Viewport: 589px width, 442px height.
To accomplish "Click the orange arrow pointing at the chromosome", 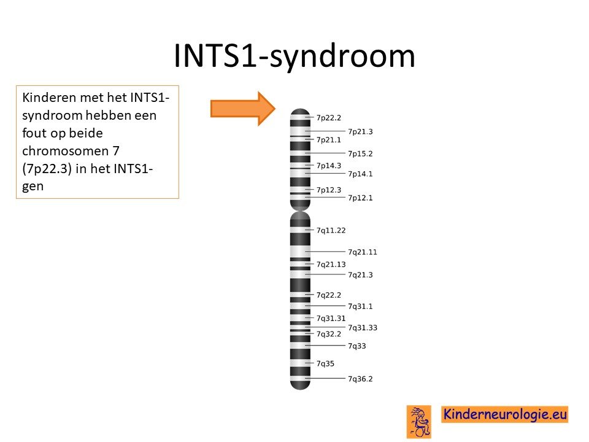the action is [x=243, y=108].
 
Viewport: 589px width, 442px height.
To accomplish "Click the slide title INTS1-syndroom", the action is [x=294, y=56].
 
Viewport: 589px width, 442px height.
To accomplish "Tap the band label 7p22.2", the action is [x=329, y=118].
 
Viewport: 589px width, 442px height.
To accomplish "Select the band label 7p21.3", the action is [x=360, y=131].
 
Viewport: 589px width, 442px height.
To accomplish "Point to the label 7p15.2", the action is [x=360, y=153].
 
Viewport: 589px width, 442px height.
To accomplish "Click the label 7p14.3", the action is [x=329, y=166].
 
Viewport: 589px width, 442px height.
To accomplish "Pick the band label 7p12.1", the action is [x=360, y=198].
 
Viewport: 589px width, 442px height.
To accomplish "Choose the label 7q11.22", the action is [x=331, y=230].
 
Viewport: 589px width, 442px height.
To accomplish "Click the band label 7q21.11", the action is [x=363, y=252].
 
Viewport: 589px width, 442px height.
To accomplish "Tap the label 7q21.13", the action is [x=331, y=265].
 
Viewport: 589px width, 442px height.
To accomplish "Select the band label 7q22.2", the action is [x=329, y=295].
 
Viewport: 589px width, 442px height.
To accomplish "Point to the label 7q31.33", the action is [x=363, y=328].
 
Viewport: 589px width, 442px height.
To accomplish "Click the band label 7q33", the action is [x=357, y=346].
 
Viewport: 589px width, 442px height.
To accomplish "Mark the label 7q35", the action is [x=325, y=364].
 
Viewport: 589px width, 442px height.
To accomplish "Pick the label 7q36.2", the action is [x=360, y=379].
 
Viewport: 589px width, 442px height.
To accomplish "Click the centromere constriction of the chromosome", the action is [x=300, y=211].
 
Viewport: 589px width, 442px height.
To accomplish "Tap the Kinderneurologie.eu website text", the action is [x=505, y=414].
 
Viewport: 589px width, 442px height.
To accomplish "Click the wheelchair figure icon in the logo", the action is [x=419, y=421].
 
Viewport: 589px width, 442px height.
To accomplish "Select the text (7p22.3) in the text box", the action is [x=47, y=169].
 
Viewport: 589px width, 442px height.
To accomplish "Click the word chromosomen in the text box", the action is [x=66, y=151].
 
